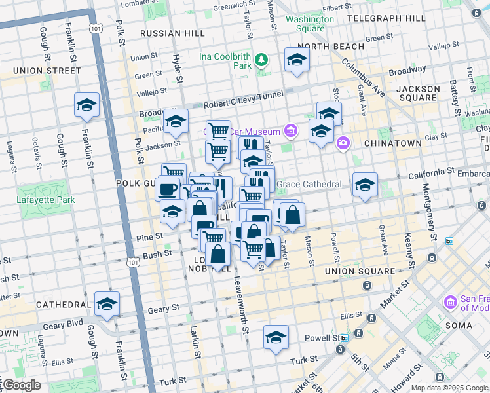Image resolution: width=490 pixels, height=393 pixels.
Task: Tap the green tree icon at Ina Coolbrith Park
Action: (262, 60)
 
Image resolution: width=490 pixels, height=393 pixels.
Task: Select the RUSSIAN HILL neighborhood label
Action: (164, 33)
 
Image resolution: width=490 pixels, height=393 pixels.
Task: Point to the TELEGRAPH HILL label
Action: (386, 18)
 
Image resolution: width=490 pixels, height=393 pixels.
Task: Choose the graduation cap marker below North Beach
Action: (297, 60)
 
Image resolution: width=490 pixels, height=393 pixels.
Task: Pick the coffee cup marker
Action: (167, 189)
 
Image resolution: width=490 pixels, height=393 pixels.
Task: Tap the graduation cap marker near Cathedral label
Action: (107, 305)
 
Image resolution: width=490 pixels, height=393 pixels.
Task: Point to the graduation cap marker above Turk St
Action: (276, 338)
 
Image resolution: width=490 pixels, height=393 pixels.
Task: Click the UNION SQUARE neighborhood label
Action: (358, 271)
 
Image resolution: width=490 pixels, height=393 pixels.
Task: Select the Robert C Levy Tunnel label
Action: (243, 100)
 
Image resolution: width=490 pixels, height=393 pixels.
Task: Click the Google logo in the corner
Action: (21, 385)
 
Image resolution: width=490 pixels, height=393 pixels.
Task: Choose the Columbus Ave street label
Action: (371, 82)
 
